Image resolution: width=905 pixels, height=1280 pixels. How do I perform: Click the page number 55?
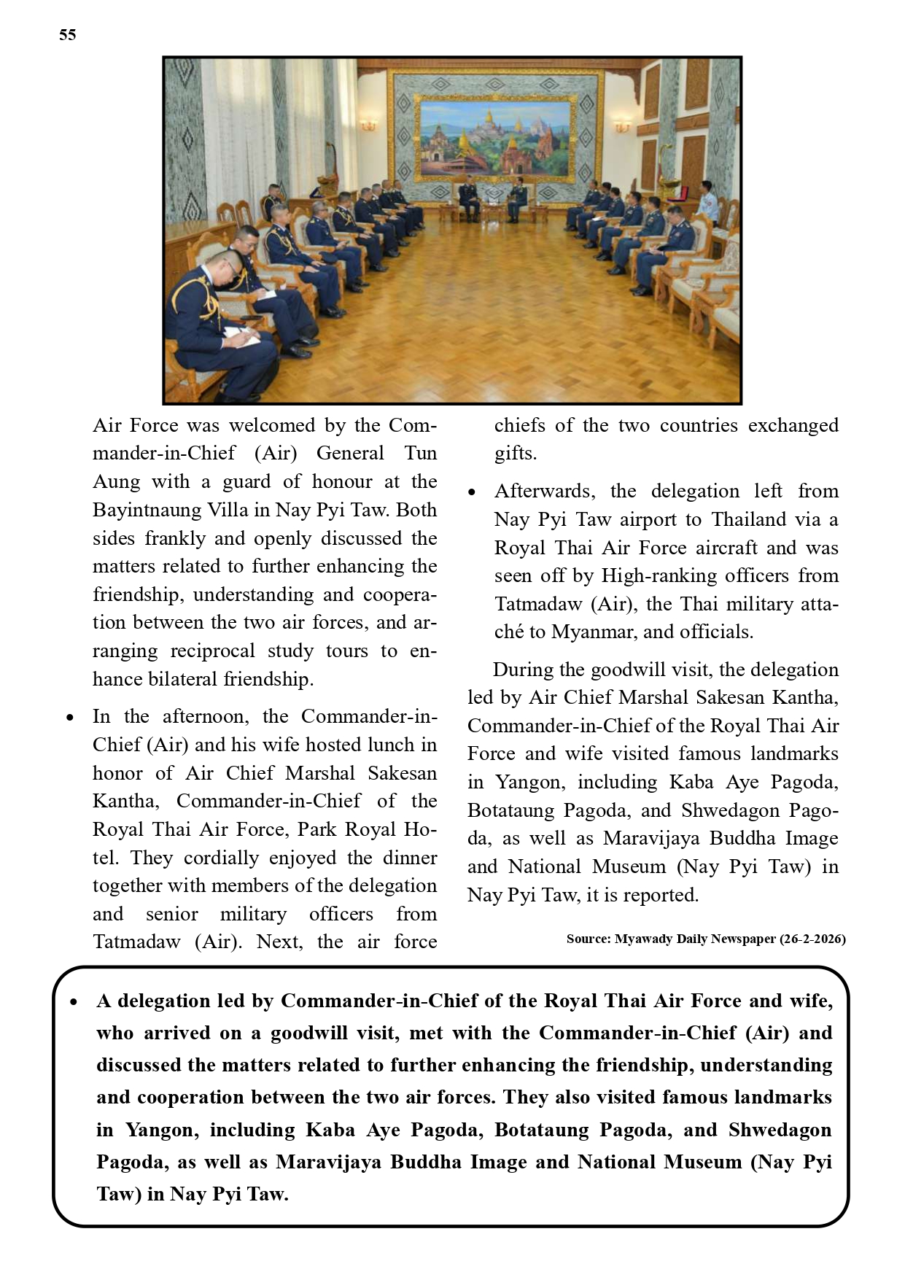(x=68, y=35)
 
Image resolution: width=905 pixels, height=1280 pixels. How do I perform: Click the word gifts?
(x=515, y=454)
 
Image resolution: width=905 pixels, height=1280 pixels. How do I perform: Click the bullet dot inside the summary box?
(x=74, y=1002)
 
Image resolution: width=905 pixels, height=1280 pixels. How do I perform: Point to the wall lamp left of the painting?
(x=369, y=125)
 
